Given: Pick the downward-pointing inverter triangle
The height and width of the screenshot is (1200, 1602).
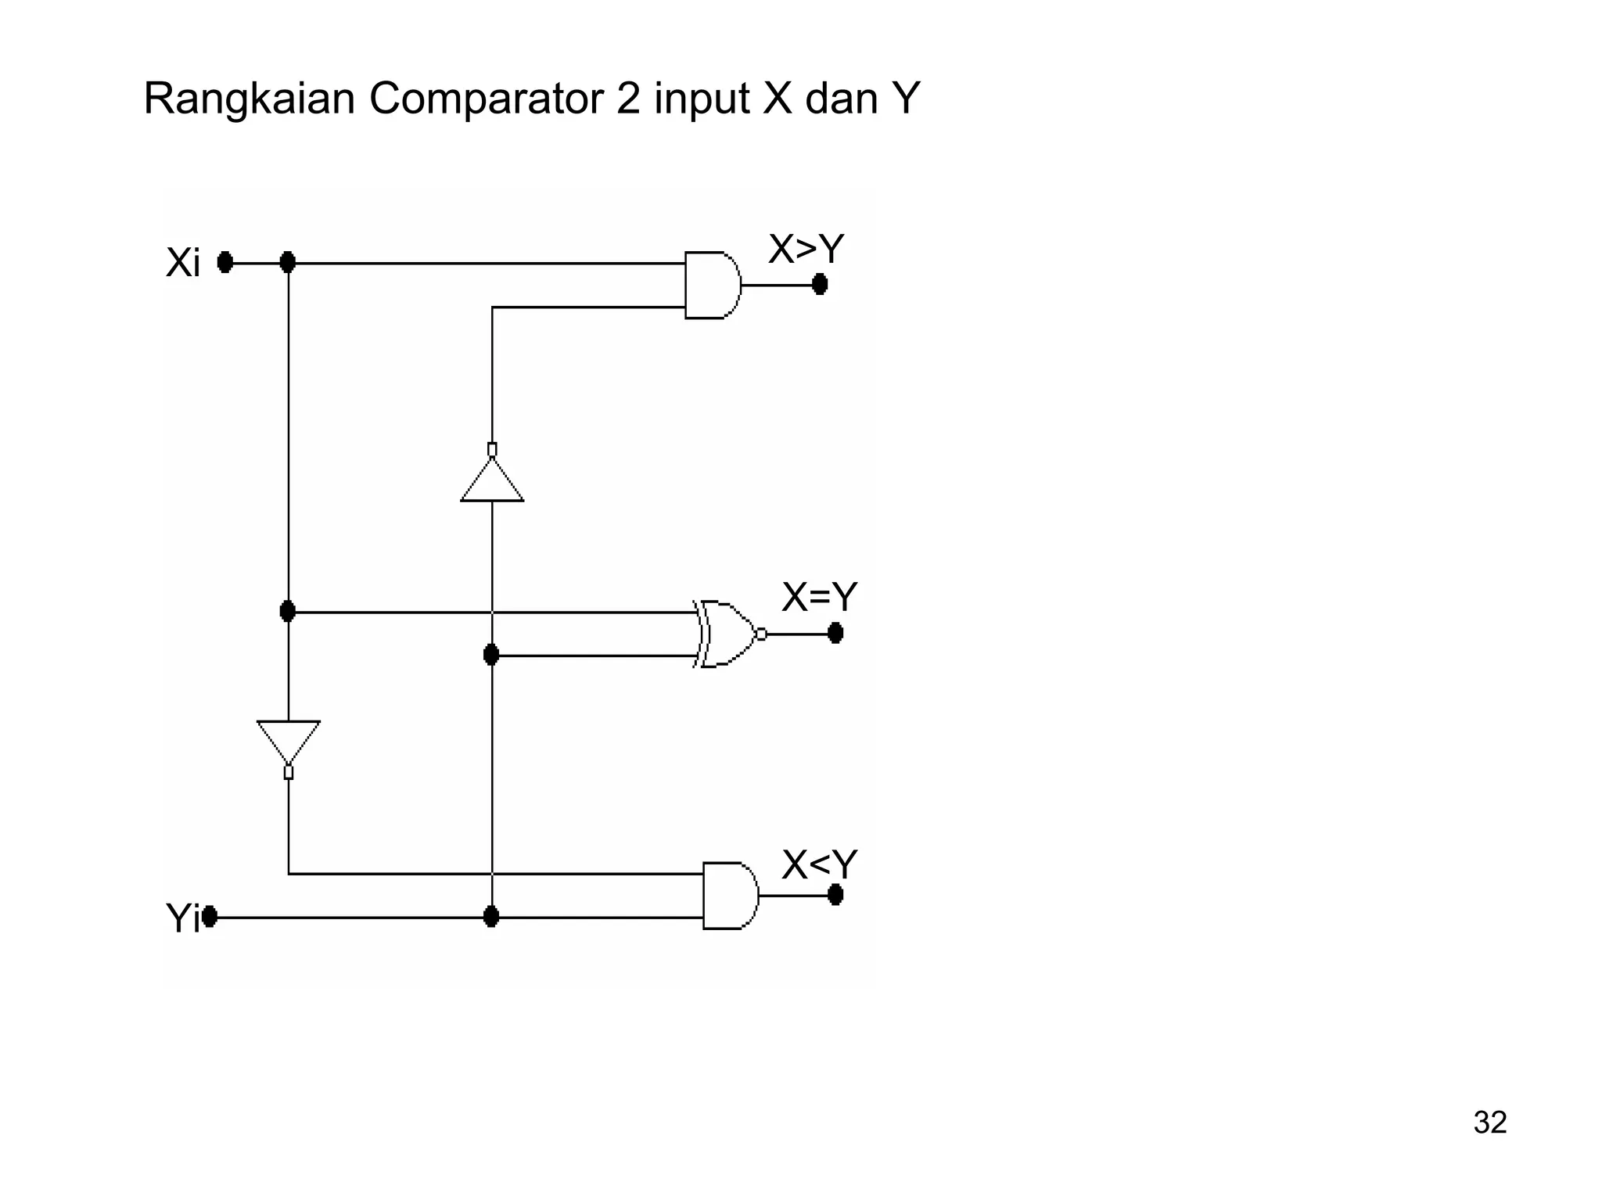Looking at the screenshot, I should pyautogui.click(x=289, y=739).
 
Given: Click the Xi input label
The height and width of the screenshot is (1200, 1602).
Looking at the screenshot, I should pyautogui.click(x=183, y=263).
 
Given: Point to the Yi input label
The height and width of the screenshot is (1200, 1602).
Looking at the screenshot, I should pyautogui.click(x=182, y=918).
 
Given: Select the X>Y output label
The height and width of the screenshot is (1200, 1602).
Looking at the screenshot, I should pyautogui.click(x=806, y=250).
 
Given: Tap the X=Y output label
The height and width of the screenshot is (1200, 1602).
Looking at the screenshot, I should pyautogui.click(x=819, y=598).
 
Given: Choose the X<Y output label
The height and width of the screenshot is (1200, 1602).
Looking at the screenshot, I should pyautogui.click(x=819, y=865).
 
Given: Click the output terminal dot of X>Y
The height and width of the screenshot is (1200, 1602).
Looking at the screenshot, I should pyautogui.click(x=820, y=285).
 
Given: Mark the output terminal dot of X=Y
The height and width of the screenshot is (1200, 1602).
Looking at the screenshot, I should pyautogui.click(x=835, y=633).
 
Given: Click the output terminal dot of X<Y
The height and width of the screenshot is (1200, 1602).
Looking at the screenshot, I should pyautogui.click(x=835, y=894).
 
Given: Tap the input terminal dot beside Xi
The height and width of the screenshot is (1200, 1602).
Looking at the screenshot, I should pyautogui.click(x=225, y=263).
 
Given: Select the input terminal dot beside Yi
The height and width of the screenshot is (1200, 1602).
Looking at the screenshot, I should pyautogui.click(x=210, y=916).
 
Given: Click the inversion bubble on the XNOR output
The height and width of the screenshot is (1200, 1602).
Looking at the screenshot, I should pyautogui.click(x=761, y=634).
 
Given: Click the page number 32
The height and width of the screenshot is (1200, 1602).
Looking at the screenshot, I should pyautogui.click(x=1489, y=1123).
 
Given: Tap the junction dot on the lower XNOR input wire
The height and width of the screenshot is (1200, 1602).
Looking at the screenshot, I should pyautogui.click(x=491, y=655).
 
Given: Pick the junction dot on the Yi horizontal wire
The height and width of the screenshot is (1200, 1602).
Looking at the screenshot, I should pyautogui.click(x=491, y=917).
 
